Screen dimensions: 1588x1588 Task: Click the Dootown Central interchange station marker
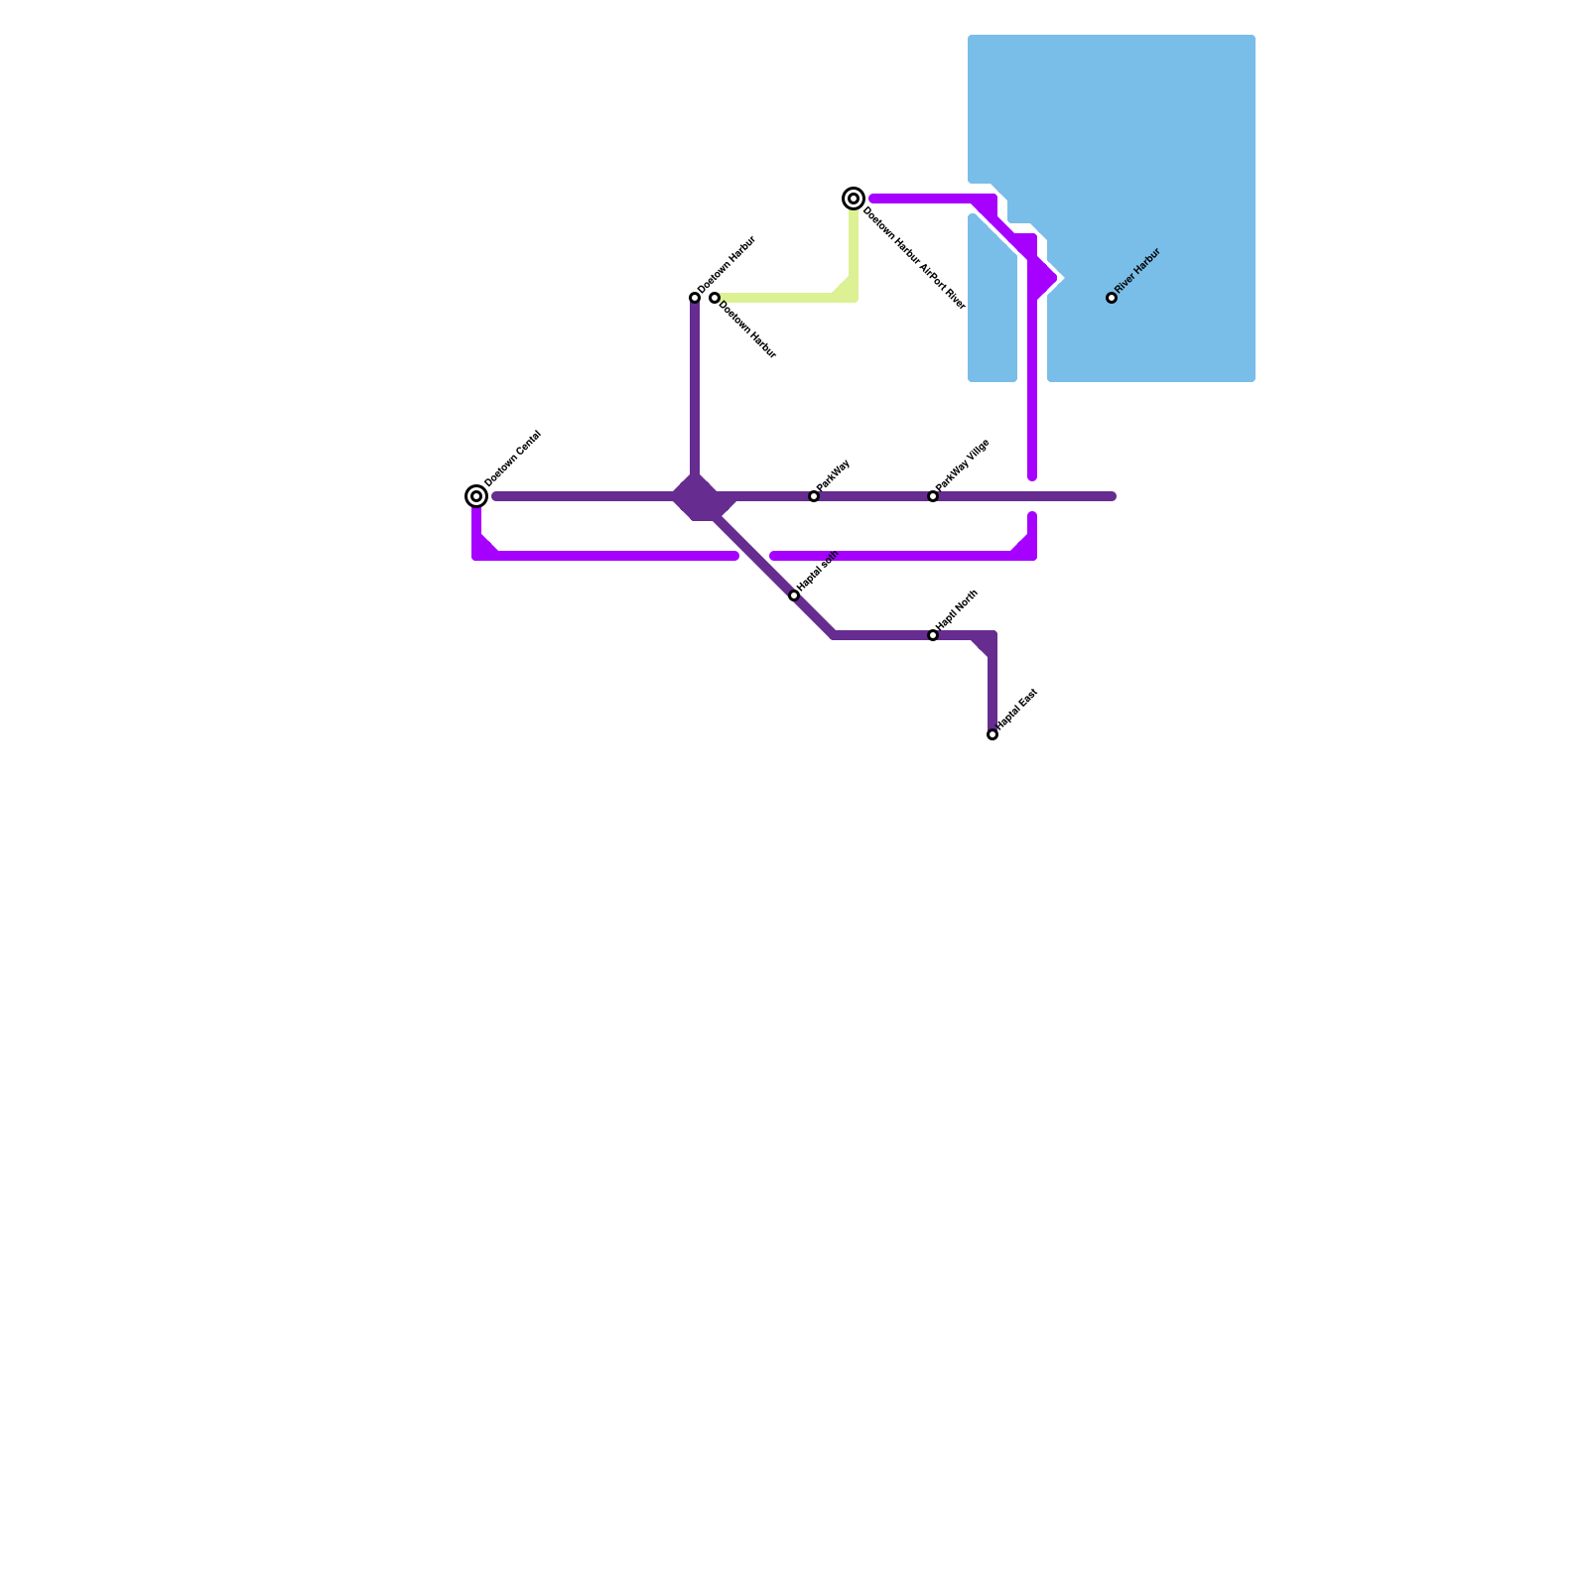pyautogui.click(x=476, y=496)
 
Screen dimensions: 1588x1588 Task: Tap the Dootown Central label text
pyautogui.click(x=512, y=459)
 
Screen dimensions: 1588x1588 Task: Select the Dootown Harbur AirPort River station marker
pyautogui.click(x=854, y=198)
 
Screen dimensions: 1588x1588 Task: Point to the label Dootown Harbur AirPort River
pyautogui.click(x=914, y=258)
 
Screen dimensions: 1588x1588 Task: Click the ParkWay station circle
pyautogui.click(x=814, y=496)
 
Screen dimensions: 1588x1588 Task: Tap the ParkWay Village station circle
pyautogui.click(x=933, y=496)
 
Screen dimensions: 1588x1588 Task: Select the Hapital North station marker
pyautogui.click(x=933, y=635)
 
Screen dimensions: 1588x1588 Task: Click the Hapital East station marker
pyautogui.click(x=992, y=734)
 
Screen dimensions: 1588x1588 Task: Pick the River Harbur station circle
pyautogui.click(x=1112, y=298)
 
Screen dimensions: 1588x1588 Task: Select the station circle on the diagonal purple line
pyautogui.click(x=794, y=595)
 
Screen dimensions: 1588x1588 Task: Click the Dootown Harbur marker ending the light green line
pyautogui.click(x=715, y=298)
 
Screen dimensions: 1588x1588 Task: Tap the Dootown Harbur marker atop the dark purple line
pyautogui.click(x=695, y=298)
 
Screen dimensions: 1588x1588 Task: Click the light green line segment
pyautogui.click(x=784, y=298)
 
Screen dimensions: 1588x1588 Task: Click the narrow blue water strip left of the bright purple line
pyautogui.click(x=992, y=318)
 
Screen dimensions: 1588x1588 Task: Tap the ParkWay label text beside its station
pyautogui.click(x=834, y=474)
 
